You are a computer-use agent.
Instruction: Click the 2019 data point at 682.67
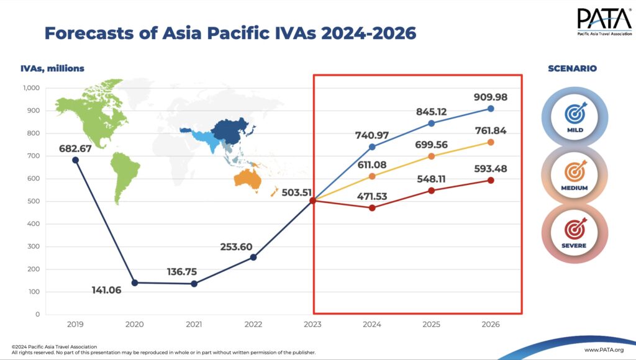pos(75,160)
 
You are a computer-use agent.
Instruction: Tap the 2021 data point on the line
pos(194,284)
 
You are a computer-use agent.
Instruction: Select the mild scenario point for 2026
pos(491,109)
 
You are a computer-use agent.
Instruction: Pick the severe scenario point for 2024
pos(372,208)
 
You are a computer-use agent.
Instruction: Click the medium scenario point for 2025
pos(431,156)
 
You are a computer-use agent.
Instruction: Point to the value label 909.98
pos(490,96)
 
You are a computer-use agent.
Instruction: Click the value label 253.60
pos(236,246)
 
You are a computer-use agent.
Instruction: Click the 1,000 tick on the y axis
pos(31,88)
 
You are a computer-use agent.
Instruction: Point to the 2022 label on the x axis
pos(253,324)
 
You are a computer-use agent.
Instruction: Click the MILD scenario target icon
pos(575,113)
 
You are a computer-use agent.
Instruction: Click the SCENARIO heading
pos(572,68)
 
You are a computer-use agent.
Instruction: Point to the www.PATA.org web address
pos(604,351)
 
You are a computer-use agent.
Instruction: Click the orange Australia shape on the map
pos(247,179)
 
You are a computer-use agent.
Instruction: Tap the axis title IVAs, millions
pos(52,68)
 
